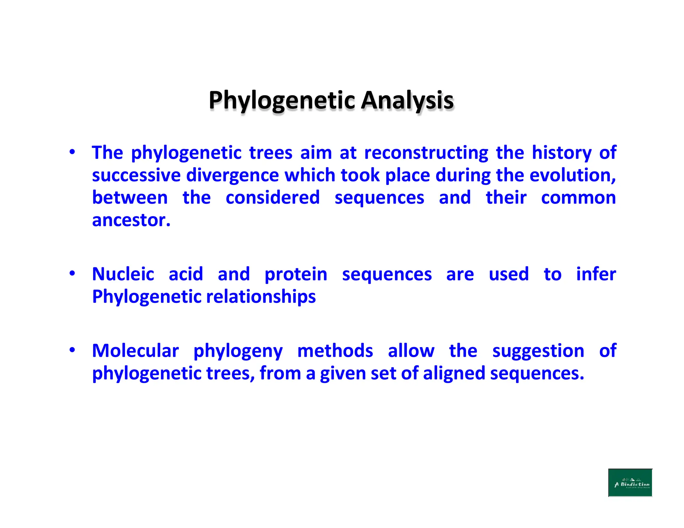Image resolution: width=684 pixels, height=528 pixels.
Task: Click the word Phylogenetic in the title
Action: (x=282, y=100)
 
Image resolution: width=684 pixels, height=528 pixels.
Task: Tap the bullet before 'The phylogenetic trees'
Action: (x=72, y=152)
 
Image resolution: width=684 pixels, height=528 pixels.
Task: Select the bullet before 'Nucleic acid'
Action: (x=72, y=274)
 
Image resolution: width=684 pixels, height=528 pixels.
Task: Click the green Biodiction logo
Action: (x=630, y=483)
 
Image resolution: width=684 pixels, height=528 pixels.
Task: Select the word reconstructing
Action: (x=426, y=153)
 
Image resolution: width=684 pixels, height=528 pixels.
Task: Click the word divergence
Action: (x=232, y=175)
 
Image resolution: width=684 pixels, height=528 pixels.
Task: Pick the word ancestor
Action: (x=131, y=220)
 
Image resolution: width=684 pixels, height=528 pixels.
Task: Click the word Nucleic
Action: (x=123, y=274)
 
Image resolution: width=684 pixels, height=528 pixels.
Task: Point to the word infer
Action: (x=596, y=274)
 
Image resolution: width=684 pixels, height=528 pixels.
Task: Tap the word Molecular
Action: (x=135, y=351)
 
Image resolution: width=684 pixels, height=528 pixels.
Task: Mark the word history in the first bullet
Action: (x=561, y=153)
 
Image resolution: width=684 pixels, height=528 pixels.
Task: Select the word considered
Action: (x=273, y=198)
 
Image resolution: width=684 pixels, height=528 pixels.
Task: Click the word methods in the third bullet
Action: (x=335, y=351)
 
